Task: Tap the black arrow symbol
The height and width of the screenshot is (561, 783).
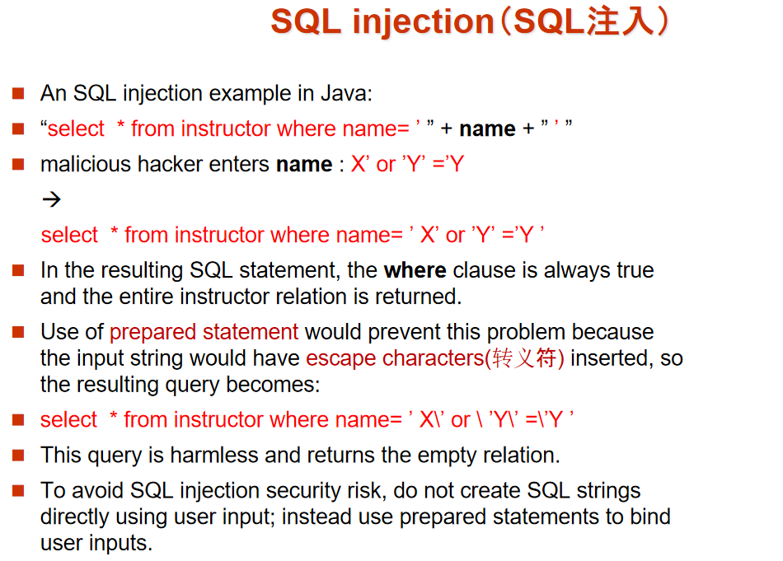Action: click(x=51, y=199)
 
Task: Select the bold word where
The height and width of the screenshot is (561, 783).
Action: click(x=415, y=270)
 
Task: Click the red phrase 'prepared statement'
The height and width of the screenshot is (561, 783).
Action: click(x=204, y=332)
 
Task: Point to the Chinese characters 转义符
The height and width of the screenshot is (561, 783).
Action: click(x=524, y=358)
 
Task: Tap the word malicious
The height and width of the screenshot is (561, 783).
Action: click(x=86, y=164)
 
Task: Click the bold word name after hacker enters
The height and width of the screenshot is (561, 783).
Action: click(x=304, y=165)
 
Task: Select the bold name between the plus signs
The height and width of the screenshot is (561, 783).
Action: click(x=487, y=129)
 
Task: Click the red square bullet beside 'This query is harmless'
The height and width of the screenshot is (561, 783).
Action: click(x=18, y=456)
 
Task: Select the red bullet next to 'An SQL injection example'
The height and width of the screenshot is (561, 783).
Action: click(x=18, y=93)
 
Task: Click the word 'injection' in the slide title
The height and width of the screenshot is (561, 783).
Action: click(x=423, y=22)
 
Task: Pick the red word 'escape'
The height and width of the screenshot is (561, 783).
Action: click(x=340, y=358)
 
